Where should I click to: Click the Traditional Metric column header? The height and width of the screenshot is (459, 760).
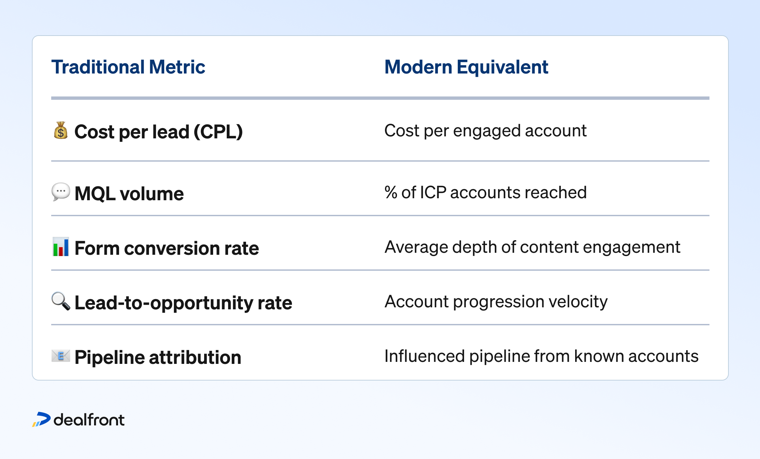pyautogui.click(x=128, y=67)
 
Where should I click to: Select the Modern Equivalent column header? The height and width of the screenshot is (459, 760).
pyautogui.click(x=466, y=67)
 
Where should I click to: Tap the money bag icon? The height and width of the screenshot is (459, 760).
pyautogui.click(x=61, y=130)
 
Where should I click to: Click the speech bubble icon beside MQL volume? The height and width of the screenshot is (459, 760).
pyautogui.click(x=61, y=192)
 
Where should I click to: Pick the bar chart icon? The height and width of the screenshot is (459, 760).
pyautogui.click(x=61, y=247)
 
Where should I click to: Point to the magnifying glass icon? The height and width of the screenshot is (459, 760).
pyautogui.click(x=61, y=301)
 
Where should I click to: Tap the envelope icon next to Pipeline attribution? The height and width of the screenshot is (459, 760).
pyautogui.click(x=61, y=356)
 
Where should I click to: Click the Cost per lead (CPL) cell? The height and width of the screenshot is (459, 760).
pyautogui.click(x=159, y=132)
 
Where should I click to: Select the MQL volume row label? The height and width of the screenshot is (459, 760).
pyautogui.click(x=129, y=194)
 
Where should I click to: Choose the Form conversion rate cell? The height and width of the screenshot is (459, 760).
pyautogui.click(x=167, y=248)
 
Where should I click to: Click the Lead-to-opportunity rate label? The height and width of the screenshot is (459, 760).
pyautogui.click(x=183, y=303)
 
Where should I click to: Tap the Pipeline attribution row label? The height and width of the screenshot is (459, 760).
pyautogui.click(x=158, y=357)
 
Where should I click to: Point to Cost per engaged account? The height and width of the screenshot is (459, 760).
pyautogui.click(x=485, y=131)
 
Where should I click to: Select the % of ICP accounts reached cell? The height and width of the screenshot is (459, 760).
pyautogui.click(x=485, y=193)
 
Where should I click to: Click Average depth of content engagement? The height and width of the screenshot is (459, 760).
pyautogui.click(x=532, y=247)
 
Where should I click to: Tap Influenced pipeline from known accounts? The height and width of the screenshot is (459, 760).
pyautogui.click(x=541, y=356)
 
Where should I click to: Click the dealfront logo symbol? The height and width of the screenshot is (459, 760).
pyautogui.click(x=42, y=419)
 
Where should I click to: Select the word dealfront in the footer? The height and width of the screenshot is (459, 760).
pyautogui.click(x=89, y=420)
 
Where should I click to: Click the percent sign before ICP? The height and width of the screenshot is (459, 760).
pyautogui.click(x=391, y=193)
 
